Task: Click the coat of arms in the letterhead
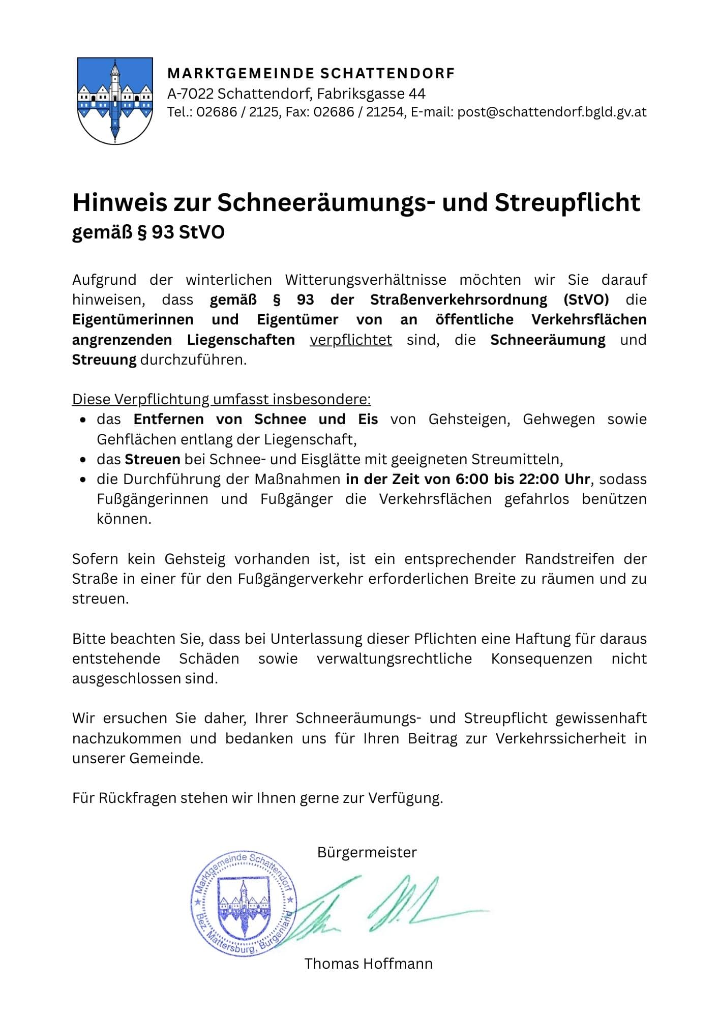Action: point(115,101)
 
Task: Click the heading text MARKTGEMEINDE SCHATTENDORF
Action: point(311,74)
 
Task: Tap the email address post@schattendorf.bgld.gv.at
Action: point(552,112)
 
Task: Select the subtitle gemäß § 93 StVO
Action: point(148,232)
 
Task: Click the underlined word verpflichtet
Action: point(351,340)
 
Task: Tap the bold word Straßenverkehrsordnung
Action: point(459,300)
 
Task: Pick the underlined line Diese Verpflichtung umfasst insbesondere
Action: point(221,399)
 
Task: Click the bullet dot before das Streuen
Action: point(83,460)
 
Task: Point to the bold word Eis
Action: point(368,420)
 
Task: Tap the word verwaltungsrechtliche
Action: point(394,659)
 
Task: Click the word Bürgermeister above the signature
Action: point(367,852)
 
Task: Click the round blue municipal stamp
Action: point(244,903)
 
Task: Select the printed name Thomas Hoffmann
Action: point(368,964)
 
